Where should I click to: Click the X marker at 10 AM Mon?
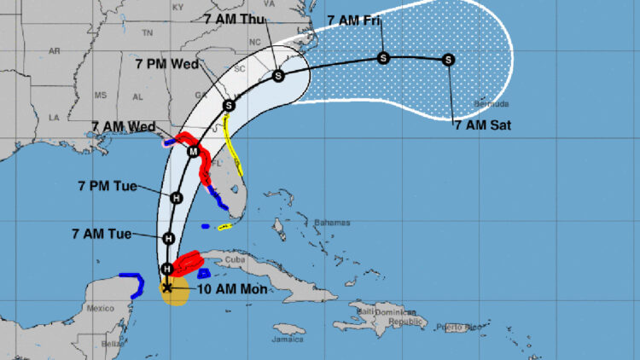pos(167,288)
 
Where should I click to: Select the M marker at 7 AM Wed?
pos(194,152)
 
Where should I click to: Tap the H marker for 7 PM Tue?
pos(177,198)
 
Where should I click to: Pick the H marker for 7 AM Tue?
pos(169,239)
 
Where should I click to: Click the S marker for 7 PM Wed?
pos(229,105)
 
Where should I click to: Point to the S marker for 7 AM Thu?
pos(278,76)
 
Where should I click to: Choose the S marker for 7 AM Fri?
pos(383,58)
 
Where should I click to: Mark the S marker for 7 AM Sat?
pos(449,60)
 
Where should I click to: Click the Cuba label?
pos(235,259)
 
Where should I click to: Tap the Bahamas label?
pos(332,223)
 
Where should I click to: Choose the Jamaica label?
pos(289,339)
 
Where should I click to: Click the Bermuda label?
pos(493,104)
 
